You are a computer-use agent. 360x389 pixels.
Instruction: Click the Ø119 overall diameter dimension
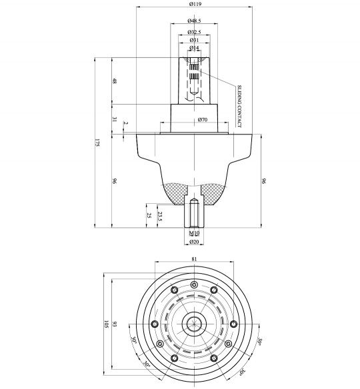[x=195, y=4]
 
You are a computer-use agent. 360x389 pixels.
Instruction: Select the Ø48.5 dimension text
[x=195, y=22]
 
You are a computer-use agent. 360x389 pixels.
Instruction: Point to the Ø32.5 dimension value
[x=195, y=31]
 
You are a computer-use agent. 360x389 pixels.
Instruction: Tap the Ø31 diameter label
[x=195, y=40]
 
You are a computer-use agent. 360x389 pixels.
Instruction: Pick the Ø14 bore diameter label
[x=195, y=49]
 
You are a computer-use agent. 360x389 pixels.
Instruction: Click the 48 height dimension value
[x=115, y=81]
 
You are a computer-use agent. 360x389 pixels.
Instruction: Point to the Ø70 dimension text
[x=203, y=120]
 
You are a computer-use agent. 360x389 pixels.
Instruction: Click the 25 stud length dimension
[x=147, y=216]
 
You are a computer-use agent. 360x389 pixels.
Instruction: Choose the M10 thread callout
[x=194, y=234]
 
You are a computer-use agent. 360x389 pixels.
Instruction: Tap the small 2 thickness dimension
[x=125, y=124]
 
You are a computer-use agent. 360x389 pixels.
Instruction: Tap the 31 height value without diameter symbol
[x=115, y=119]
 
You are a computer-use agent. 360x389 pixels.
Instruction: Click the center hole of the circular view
[x=194, y=324]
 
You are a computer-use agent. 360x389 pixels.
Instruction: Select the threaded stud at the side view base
[x=194, y=214]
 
